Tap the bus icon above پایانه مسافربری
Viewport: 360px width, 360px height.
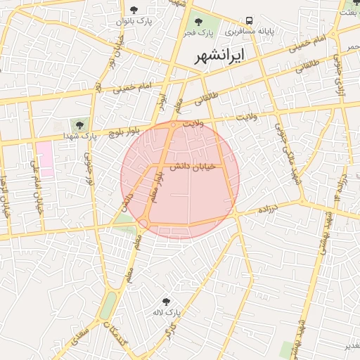point(250,21)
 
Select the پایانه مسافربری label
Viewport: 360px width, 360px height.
point(250,32)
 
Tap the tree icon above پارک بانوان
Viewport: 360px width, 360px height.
point(134,10)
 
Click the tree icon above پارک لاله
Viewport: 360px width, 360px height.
point(166,301)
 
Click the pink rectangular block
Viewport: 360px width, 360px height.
point(44,158)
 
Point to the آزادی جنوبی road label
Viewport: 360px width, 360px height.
point(340,78)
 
